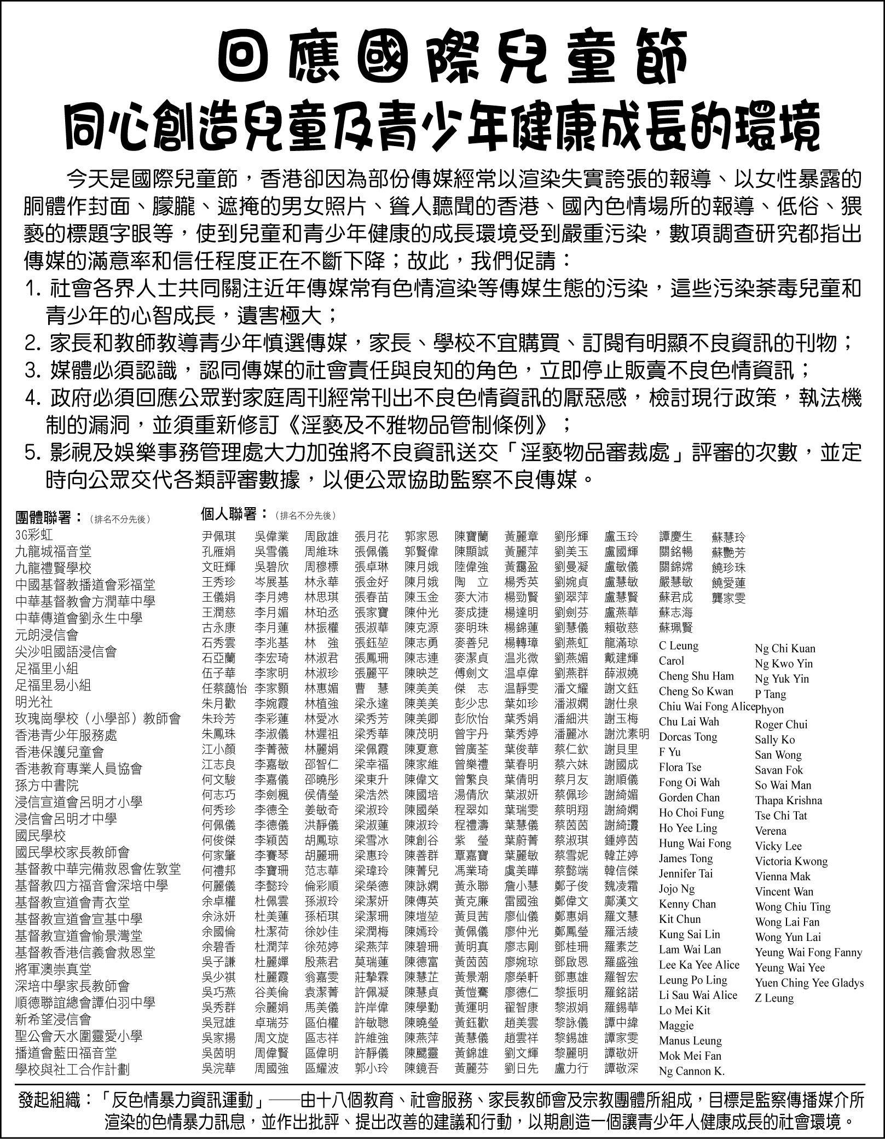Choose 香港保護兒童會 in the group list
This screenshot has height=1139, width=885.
coord(60,752)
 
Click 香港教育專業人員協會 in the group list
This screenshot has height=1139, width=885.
coord(79,769)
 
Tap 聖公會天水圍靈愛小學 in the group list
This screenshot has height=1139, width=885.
coord(79,1036)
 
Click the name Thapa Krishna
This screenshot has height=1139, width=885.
coord(788,800)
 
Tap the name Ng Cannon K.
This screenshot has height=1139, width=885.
coord(692,1071)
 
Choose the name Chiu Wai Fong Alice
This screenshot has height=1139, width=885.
coord(707,706)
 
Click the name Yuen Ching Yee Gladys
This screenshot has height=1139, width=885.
coord(809,983)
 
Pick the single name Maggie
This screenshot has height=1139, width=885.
coord(676,1025)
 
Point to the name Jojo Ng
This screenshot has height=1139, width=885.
coord(676,889)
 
